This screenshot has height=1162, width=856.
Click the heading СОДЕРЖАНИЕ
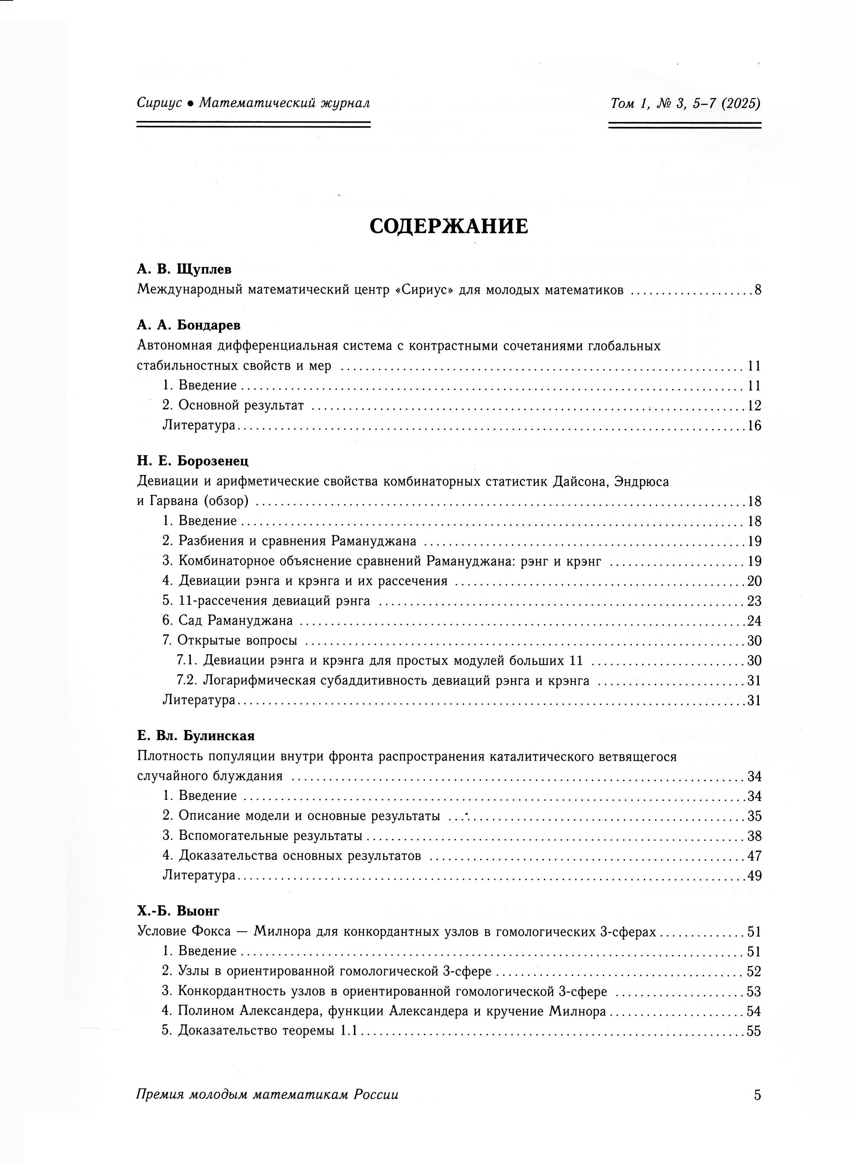click(449, 226)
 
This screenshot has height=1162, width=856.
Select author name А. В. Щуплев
click(184, 270)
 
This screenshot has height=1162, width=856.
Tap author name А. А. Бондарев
click(189, 325)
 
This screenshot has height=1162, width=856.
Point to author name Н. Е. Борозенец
click(193, 461)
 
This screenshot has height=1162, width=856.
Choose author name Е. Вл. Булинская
click(196, 736)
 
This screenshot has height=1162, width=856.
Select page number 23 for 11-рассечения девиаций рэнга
click(754, 601)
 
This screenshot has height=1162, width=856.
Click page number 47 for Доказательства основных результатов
click(754, 856)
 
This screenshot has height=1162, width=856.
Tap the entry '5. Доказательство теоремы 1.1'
click(260, 1031)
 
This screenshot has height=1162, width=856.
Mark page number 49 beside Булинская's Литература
click(754, 876)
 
